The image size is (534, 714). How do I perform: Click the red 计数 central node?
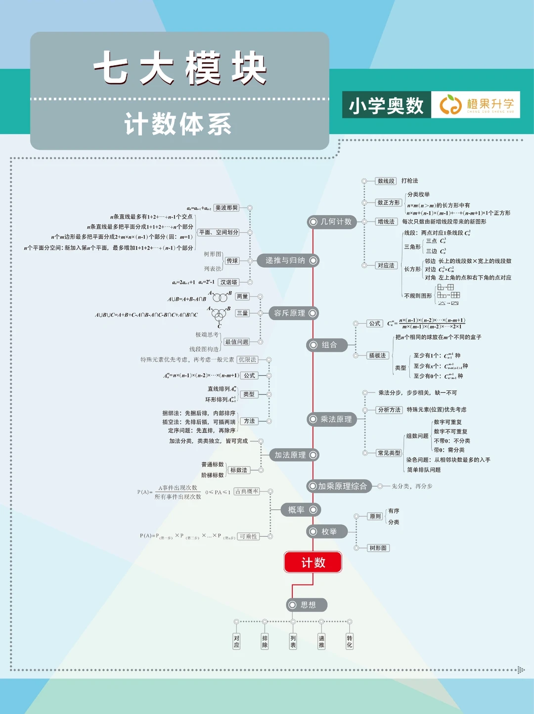pos(313,562)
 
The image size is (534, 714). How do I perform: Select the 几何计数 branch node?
pos(331,222)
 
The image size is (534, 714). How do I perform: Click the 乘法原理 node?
pos(331,419)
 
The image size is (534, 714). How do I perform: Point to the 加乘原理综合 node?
pos(339,486)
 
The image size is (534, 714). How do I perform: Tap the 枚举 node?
pos(326,531)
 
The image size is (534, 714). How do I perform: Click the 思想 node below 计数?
pos(307,605)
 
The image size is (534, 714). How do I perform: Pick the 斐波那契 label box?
pos(226,208)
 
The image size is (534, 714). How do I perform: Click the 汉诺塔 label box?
pos(229,282)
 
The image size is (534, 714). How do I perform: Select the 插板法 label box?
pos(377,355)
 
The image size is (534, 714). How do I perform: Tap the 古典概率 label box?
pos(247,491)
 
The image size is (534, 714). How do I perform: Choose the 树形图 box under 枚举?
pos(378,548)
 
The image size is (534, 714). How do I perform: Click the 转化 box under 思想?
pos(350,641)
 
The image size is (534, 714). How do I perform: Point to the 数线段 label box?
pos(386,181)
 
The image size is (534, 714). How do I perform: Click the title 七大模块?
pos(180,68)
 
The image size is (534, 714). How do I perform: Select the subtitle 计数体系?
pos(178,124)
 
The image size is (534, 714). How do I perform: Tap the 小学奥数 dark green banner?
pos(386,105)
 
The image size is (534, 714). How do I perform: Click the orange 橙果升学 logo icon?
pos(450,105)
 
